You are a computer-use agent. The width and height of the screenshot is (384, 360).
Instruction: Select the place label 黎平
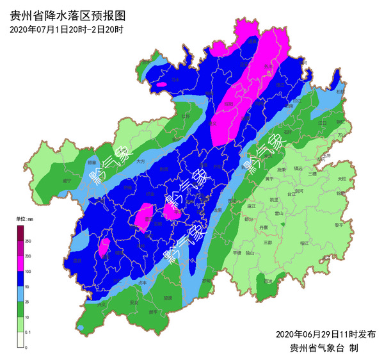338,225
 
